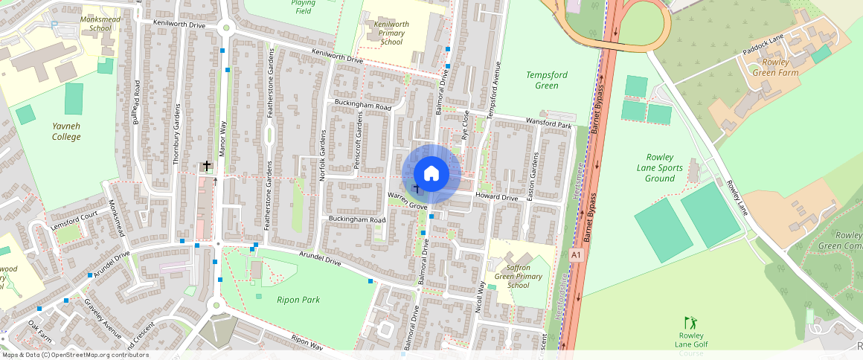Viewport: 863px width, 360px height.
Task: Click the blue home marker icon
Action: [431, 174]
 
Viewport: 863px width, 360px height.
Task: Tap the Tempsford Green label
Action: [542, 80]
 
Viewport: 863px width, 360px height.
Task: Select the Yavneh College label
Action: [66, 132]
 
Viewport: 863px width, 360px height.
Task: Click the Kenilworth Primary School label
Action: [391, 33]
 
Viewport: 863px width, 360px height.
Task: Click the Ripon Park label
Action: [298, 300]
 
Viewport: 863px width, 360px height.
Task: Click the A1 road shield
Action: [575, 255]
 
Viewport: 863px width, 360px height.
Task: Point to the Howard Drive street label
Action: [496, 198]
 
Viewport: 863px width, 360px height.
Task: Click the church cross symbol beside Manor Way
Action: [206, 166]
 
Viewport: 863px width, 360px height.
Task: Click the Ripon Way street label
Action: [308, 342]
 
